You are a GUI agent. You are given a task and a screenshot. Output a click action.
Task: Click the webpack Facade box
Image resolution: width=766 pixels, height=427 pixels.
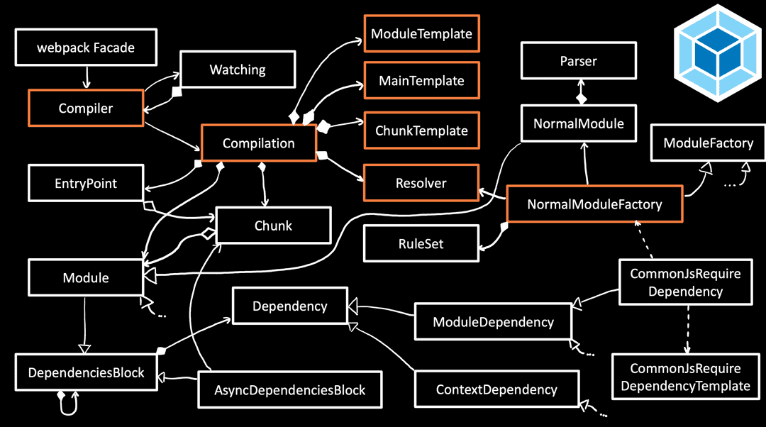point(86,48)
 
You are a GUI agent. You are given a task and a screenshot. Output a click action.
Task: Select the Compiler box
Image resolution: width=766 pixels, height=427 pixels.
point(86,109)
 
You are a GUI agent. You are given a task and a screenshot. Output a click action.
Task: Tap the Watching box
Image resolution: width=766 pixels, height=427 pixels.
point(237,70)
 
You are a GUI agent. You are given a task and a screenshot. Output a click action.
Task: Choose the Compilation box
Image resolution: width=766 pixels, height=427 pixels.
point(258,143)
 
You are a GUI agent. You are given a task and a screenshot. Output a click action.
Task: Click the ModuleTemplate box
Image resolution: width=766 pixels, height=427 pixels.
point(421,33)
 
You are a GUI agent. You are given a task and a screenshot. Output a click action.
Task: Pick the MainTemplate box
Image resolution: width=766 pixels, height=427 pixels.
point(421,80)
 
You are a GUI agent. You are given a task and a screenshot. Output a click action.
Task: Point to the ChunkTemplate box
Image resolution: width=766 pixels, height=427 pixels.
point(421,130)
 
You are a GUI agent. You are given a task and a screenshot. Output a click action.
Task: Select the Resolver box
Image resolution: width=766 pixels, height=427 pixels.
point(421,183)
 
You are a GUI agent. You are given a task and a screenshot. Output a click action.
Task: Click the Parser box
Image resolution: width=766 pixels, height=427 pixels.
point(578,61)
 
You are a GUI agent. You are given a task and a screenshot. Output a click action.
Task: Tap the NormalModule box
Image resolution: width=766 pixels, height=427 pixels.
point(578,123)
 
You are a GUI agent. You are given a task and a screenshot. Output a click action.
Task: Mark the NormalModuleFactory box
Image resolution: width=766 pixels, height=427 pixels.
point(594,204)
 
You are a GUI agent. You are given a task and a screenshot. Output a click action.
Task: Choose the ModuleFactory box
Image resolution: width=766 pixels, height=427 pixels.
point(708,143)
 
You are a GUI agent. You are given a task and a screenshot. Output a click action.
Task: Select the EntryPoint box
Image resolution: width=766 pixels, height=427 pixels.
point(86,183)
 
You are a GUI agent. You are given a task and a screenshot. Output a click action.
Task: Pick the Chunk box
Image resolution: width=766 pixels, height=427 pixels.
point(273,226)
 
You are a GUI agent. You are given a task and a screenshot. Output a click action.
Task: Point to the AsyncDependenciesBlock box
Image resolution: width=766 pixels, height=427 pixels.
point(289,389)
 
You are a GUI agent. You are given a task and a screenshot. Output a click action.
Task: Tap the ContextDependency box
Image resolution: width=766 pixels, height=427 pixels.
point(496,389)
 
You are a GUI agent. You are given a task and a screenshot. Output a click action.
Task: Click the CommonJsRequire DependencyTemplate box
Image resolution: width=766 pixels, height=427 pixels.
point(685,377)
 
